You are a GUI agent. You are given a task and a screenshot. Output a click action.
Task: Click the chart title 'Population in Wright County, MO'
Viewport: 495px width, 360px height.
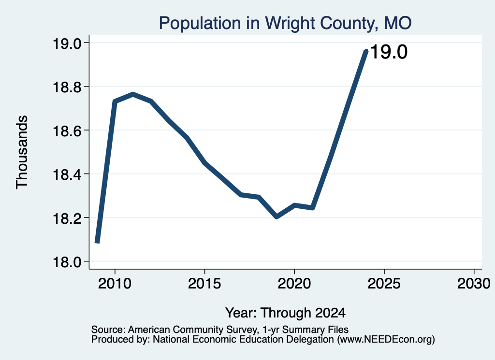(285, 23)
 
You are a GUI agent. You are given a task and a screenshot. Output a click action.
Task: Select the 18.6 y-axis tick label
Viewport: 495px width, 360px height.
(67, 130)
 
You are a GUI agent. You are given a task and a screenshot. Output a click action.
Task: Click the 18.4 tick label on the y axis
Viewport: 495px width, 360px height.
(67, 174)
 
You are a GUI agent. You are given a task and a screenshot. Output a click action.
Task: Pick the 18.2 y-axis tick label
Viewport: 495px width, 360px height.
(67, 218)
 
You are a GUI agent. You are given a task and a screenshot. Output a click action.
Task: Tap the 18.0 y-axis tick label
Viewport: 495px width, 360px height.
(67, 261)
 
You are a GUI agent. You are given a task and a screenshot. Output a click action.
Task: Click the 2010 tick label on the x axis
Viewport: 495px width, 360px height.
(115, 283)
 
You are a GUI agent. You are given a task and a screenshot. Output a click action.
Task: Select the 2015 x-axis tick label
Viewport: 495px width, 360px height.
(204, 283)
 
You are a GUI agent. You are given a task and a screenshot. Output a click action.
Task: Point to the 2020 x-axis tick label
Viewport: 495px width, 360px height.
(294, 283)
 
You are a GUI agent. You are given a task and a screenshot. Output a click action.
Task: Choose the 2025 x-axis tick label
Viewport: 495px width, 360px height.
(384, 283)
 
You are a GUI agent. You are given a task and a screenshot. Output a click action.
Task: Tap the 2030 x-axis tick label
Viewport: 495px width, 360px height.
(474, 283)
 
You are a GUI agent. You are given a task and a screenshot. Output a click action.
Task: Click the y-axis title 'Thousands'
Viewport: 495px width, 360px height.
(22, 152)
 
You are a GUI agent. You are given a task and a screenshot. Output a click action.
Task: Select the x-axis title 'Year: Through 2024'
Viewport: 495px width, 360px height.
(285, 313)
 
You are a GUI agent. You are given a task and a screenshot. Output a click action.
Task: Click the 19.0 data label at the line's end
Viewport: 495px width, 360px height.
(389, 52)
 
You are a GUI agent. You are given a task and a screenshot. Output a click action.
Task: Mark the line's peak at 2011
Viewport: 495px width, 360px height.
(133, 94)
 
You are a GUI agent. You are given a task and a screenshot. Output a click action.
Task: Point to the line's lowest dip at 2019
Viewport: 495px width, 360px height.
(277, 217)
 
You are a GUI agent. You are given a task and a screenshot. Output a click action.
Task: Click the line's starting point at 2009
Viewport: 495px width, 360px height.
(97, 242)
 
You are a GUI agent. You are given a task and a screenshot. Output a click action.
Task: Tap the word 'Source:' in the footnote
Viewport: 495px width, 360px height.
(108, 330)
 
